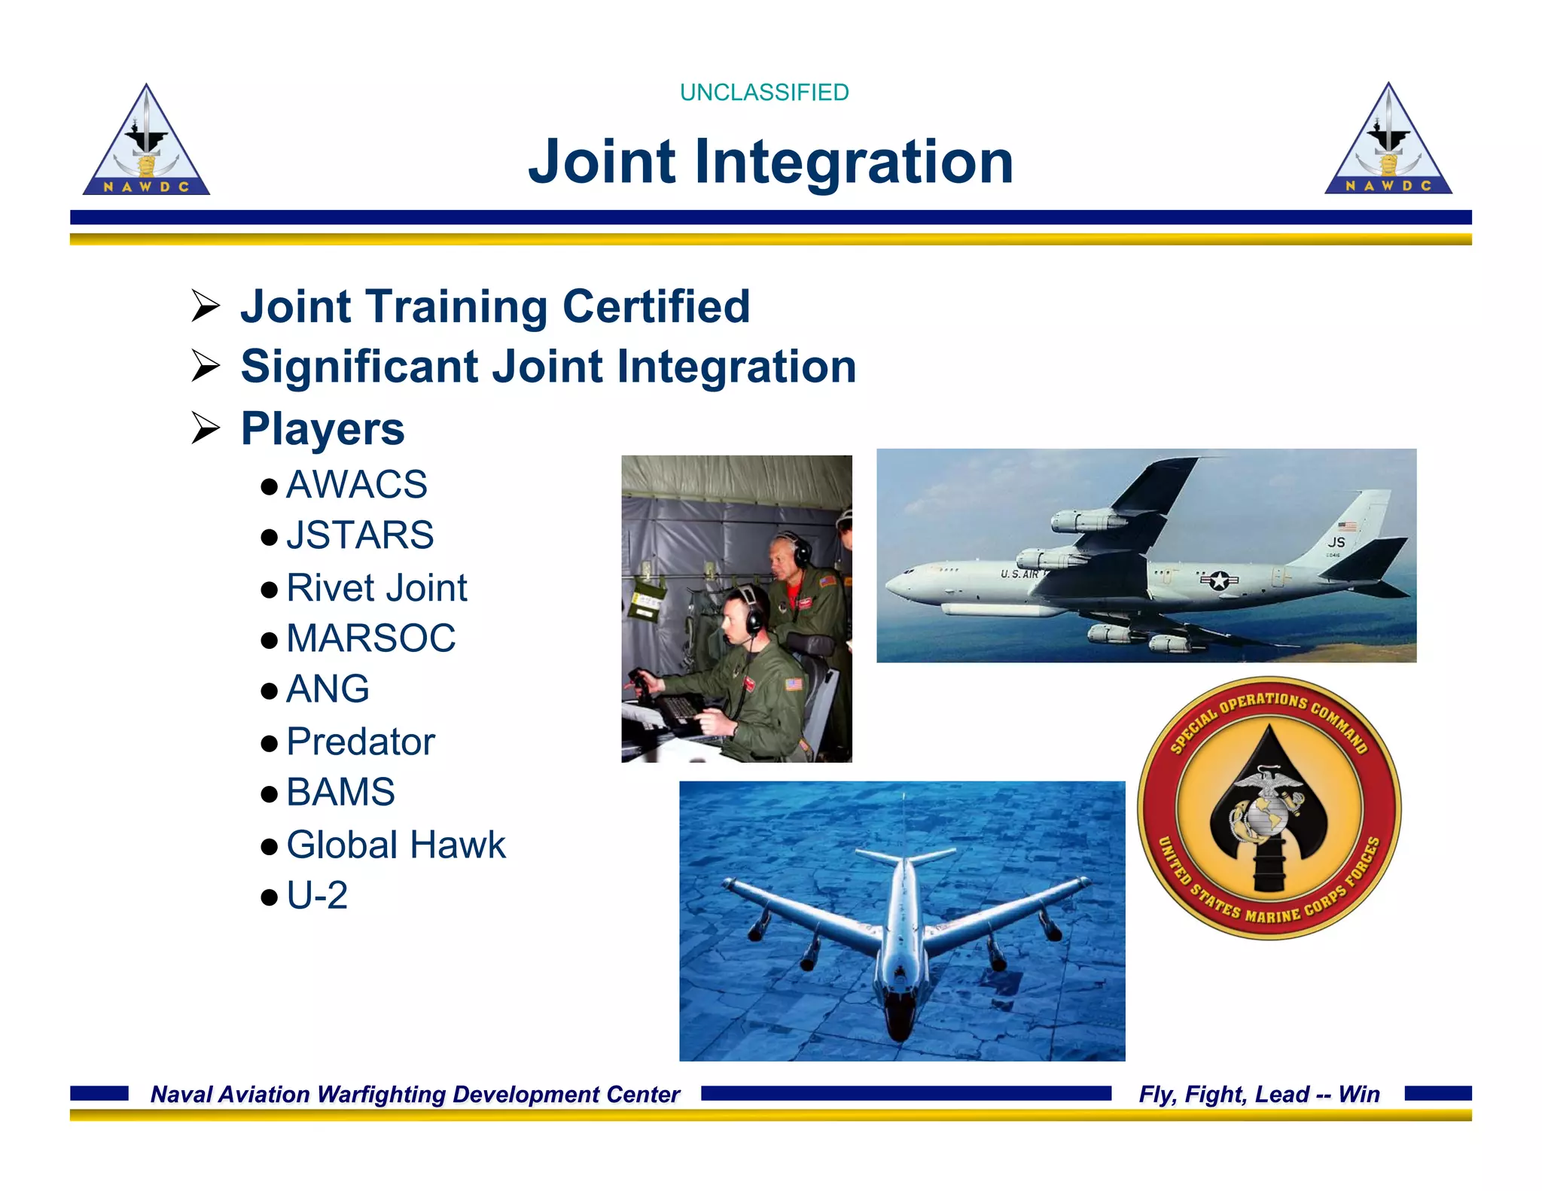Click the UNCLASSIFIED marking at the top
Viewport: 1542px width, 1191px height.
pyautogui.click(x=763, y=93)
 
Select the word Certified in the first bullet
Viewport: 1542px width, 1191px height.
pyautogui.click(x=656, y=306)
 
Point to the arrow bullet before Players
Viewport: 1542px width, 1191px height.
pyautogui.click(x=205, y=428)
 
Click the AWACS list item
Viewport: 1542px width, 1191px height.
pyautogui.click(x=356, y=484)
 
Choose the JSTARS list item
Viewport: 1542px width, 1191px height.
pyautogui.click(x=360, y=535)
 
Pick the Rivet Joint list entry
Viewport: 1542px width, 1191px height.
pyautogui.click(x=376, y=587)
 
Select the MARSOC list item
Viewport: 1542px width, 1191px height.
pyautogui.click(x=370, y=638)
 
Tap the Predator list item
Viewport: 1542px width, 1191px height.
pyautogui.click(x=361, y=742)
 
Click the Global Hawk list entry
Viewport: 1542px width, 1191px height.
pyautogui.click(x=396, y=845)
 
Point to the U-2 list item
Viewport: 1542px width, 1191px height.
pyautogui.click(x=317, y=895)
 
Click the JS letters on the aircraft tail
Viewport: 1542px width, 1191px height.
pyautogui.click(x=1336, y=542)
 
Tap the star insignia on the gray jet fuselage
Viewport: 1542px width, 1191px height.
pyautogui.click(x=1219, y=580)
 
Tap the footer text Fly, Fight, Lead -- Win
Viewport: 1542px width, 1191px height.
pyautogui.click(x=1259, y=1094)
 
